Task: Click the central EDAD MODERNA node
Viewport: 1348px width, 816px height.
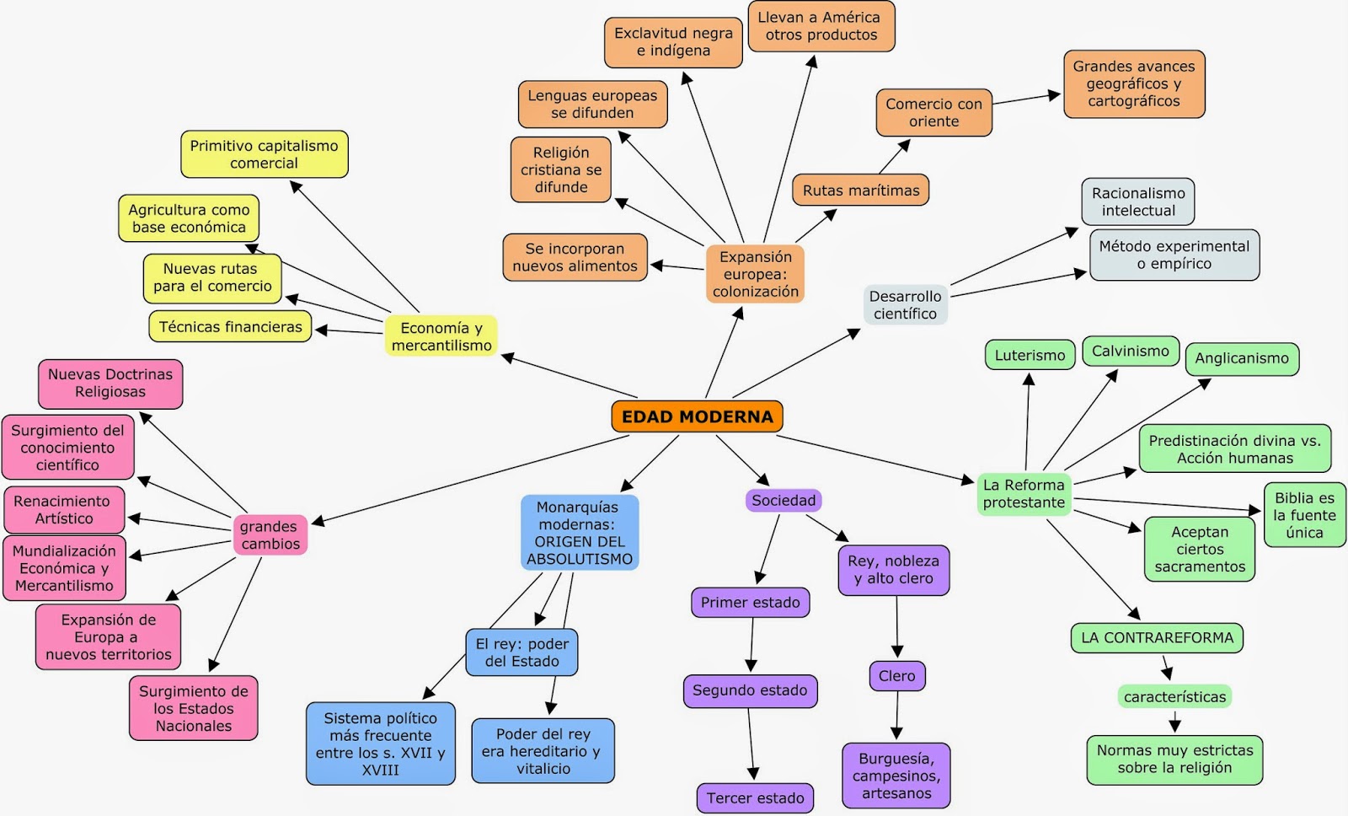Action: pyautogui.click(x=697, y=416)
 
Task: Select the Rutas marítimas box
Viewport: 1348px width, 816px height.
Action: pyautogui.click(x=860, y=191)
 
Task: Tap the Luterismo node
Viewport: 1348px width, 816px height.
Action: pyautogui.click(x=1030, y=355)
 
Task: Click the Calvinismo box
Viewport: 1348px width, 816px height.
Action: pyautogui.click(x=1130, y=351)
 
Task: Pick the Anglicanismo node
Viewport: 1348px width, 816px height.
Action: pyautogui.click(x=1241, y=358)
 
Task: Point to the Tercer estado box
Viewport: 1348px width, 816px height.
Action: pyautogui.click(x=755, y=797)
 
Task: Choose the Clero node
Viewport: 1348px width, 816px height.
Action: pyautogui.click(x=896, y=675)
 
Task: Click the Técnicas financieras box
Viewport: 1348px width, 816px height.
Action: pyautogui.click(x=230, y=327)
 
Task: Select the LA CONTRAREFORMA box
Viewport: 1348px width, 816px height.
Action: pyautogui.click(x=1157, y=637)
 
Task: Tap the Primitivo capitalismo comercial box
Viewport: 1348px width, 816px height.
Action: pyautogui.click(x=264, y=154)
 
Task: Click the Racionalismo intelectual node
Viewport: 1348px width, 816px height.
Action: pyautogui.click(x=1137, y=201)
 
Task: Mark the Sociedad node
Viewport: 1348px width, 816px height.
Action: pyautogui.click(x=783, y=500)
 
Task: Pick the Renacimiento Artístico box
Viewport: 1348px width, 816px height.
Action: pyautogui.click(x=64, y=509)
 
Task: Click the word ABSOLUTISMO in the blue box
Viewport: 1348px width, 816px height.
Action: pyautogui.click(x=580, y=559)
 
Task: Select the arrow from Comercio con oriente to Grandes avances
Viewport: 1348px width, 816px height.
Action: pyautogui.click(x=1025, y=99)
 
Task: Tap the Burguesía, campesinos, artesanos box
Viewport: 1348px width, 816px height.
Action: pyautogui.click(x=896, y=775)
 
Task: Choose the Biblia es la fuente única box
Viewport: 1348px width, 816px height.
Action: pyautogui.click(x=1303, y=515)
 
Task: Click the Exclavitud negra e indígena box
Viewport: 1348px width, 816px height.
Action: pyautogui.click(x=672, y=42)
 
